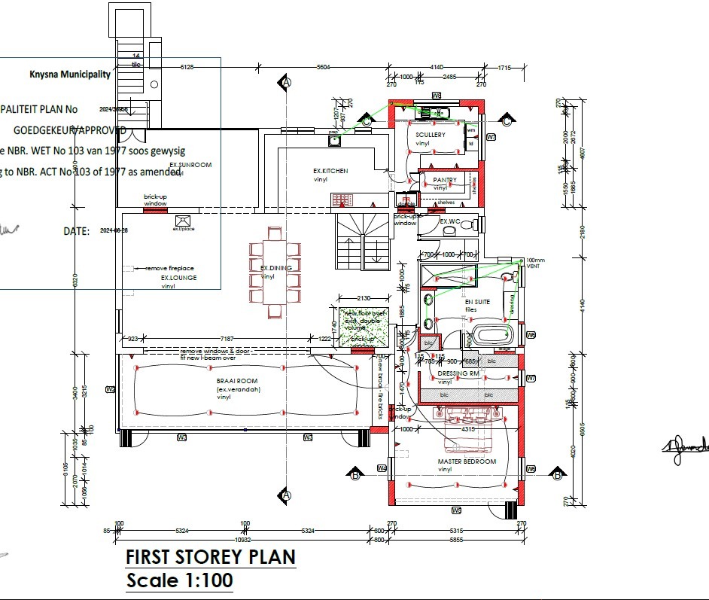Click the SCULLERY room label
point(431,135)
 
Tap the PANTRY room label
point(445,180)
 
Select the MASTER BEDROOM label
point(467,461)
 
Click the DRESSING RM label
point(458,373)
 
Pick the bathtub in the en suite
point(492,337)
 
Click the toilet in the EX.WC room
point(467,224)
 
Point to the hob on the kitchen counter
point(343,199)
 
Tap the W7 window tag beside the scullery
point(491,138)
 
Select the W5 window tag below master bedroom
point(456,510)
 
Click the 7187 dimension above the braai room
point(227,340)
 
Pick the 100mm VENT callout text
point(535,263)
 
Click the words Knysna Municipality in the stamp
point(69,74)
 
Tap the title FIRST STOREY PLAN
point(210,557)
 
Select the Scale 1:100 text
point(179,580)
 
